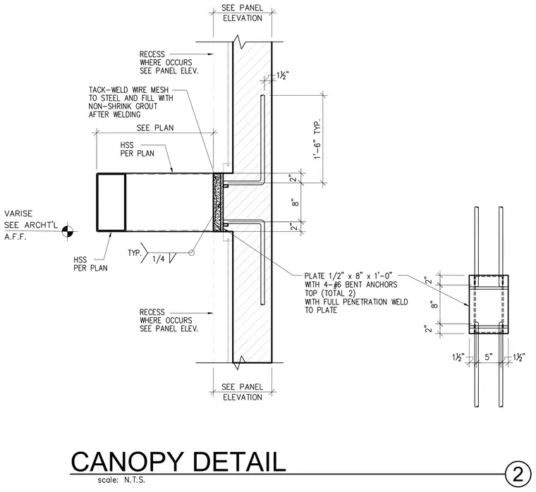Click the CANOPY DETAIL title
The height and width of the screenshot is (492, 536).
(178, 462)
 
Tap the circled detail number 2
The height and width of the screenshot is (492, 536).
(518, 474)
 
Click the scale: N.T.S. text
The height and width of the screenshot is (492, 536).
(121, 480)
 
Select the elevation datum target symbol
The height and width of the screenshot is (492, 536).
(68, 231)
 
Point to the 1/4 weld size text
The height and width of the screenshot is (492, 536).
(158, 259)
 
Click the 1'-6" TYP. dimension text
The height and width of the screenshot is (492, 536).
(317, 139)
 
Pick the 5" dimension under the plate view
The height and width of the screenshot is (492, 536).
(489, 357)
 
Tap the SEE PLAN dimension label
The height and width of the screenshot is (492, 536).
(155, 128)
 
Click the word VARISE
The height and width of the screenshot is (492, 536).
(18, 214)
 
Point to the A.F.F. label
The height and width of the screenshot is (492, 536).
(16, 237)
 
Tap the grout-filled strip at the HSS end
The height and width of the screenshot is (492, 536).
(217, 202)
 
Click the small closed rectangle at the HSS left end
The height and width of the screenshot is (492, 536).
(111, 202)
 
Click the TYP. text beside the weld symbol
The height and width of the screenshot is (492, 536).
(135, 253)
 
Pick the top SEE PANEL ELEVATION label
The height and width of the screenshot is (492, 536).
(243, 13)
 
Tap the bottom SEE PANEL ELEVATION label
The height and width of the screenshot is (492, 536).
(243, 392)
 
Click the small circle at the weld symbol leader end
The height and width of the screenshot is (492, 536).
(191, 253)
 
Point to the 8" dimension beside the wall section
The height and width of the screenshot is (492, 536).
(296, 202)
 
